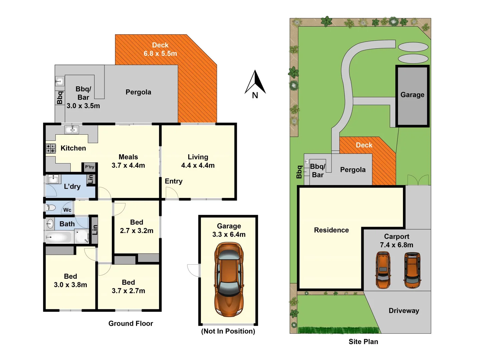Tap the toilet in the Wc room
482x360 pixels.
(51, 208)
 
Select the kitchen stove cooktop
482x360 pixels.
(51, 148)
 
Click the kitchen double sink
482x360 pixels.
(71, 129)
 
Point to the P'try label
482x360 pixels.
(89, 167)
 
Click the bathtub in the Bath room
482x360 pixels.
(59, 237)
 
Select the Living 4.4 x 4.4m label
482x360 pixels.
(198, 161)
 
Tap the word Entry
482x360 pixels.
(173, 181)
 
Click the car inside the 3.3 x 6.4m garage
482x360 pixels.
(229, 279)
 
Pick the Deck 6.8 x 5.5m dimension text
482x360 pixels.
(160, 53)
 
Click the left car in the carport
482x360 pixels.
(383, 270)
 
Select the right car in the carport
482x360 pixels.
(412, 270)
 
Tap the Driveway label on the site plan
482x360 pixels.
(404, 311)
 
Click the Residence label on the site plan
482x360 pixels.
(331, 230)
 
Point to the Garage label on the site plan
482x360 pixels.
(412, 95)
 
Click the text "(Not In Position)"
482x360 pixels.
(228, 331)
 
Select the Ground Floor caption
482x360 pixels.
(130, 323)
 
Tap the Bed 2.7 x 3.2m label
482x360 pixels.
(136, 226)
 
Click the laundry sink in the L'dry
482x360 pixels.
(53, 179)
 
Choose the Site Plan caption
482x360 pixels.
(363, 342)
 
